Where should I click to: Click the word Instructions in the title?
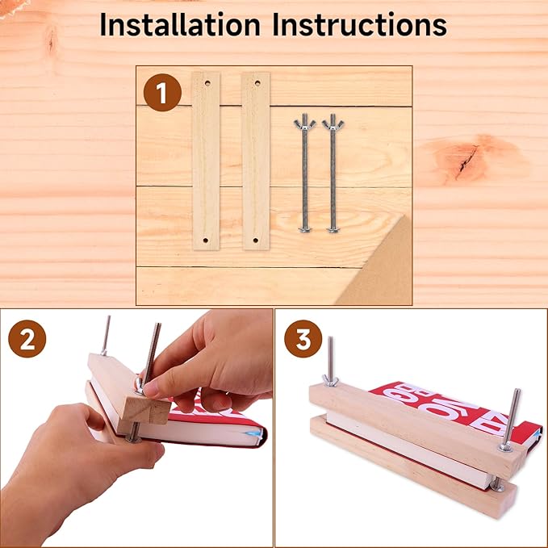click(x=359, y=25)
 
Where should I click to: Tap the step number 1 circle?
click(x=161, y=94)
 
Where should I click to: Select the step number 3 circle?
click(x=303, y=340)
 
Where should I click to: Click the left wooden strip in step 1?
click(x=205, y=161)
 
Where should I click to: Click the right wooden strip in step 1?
click(x=255, y=161)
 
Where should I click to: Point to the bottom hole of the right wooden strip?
click(x=255, y=240)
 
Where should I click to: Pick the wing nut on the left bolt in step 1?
click(x=304, y=123)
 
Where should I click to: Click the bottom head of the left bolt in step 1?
click(x=304, y=231)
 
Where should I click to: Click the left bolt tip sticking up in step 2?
click(x=106, y=333)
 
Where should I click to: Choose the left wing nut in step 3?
click(x=330, y=379)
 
